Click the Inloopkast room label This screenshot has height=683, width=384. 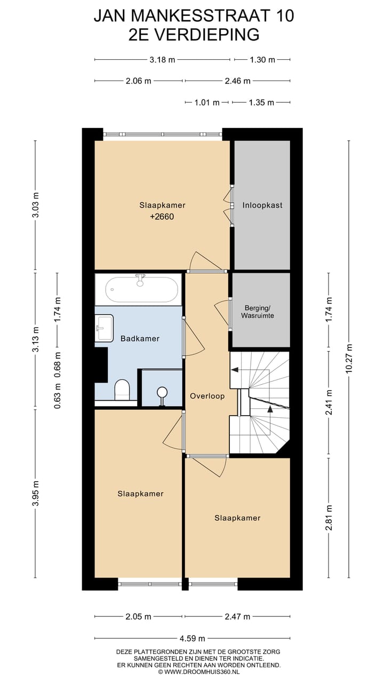(262, 205)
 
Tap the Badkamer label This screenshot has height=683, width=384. (140, 338)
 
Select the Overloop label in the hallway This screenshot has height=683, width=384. (207, 396)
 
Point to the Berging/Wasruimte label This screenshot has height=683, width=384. (258, 312)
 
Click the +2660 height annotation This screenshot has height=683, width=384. (162, 217)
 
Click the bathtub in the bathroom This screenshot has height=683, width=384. (141, 290)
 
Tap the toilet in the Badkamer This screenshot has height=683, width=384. (122, 390)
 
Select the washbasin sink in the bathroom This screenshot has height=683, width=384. (104, 328)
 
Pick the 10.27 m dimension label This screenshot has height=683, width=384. (349, 359)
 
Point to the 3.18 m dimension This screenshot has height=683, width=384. (162, 59)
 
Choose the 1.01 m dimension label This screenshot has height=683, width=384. (207, 102)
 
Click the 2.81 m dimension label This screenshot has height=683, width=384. (329, 518)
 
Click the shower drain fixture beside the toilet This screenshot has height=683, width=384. (162, 396)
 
